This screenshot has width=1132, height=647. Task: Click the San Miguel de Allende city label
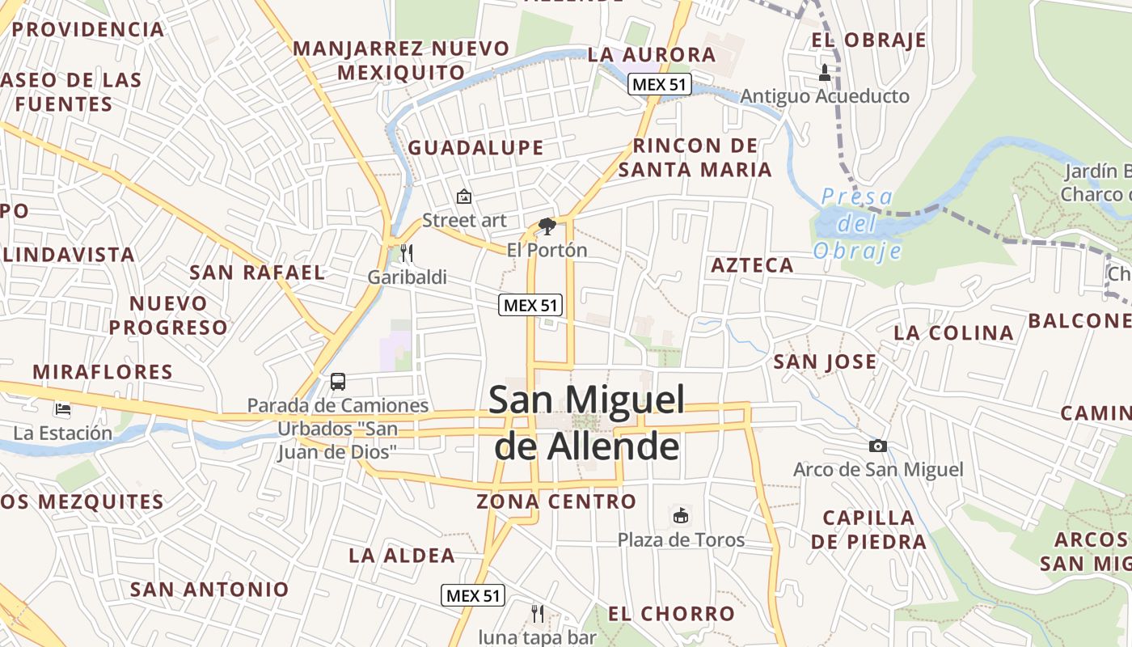[588, 423]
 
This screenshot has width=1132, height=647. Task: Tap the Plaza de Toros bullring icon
[682, 515]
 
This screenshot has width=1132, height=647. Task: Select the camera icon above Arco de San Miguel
[877, 446]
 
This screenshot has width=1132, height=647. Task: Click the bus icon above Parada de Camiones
[338, 382]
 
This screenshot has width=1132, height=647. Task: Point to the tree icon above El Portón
[547, 226]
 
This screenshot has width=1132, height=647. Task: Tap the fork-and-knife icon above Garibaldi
[407, 253]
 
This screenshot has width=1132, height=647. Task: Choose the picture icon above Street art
[464, 197]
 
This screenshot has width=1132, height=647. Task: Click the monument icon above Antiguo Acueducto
[825, 73]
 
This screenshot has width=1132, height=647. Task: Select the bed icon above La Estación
[63, 409]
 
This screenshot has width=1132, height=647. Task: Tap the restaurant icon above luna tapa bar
[537, 614]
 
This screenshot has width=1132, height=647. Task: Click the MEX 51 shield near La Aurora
[660, 84]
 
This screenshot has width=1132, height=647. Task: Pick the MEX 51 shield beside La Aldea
[474, 596]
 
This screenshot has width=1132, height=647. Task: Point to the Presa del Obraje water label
[857, 224]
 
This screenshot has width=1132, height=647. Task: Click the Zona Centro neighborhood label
[556, 501]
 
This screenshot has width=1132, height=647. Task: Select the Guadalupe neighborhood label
[475, 147]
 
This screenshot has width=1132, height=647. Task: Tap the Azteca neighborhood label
[752, 265]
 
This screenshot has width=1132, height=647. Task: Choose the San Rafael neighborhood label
[257, 273]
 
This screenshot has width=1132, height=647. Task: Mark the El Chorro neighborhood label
[672, 614]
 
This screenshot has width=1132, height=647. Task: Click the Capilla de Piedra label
[869, 530]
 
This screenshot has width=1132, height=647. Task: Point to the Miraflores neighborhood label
[103, 372]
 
